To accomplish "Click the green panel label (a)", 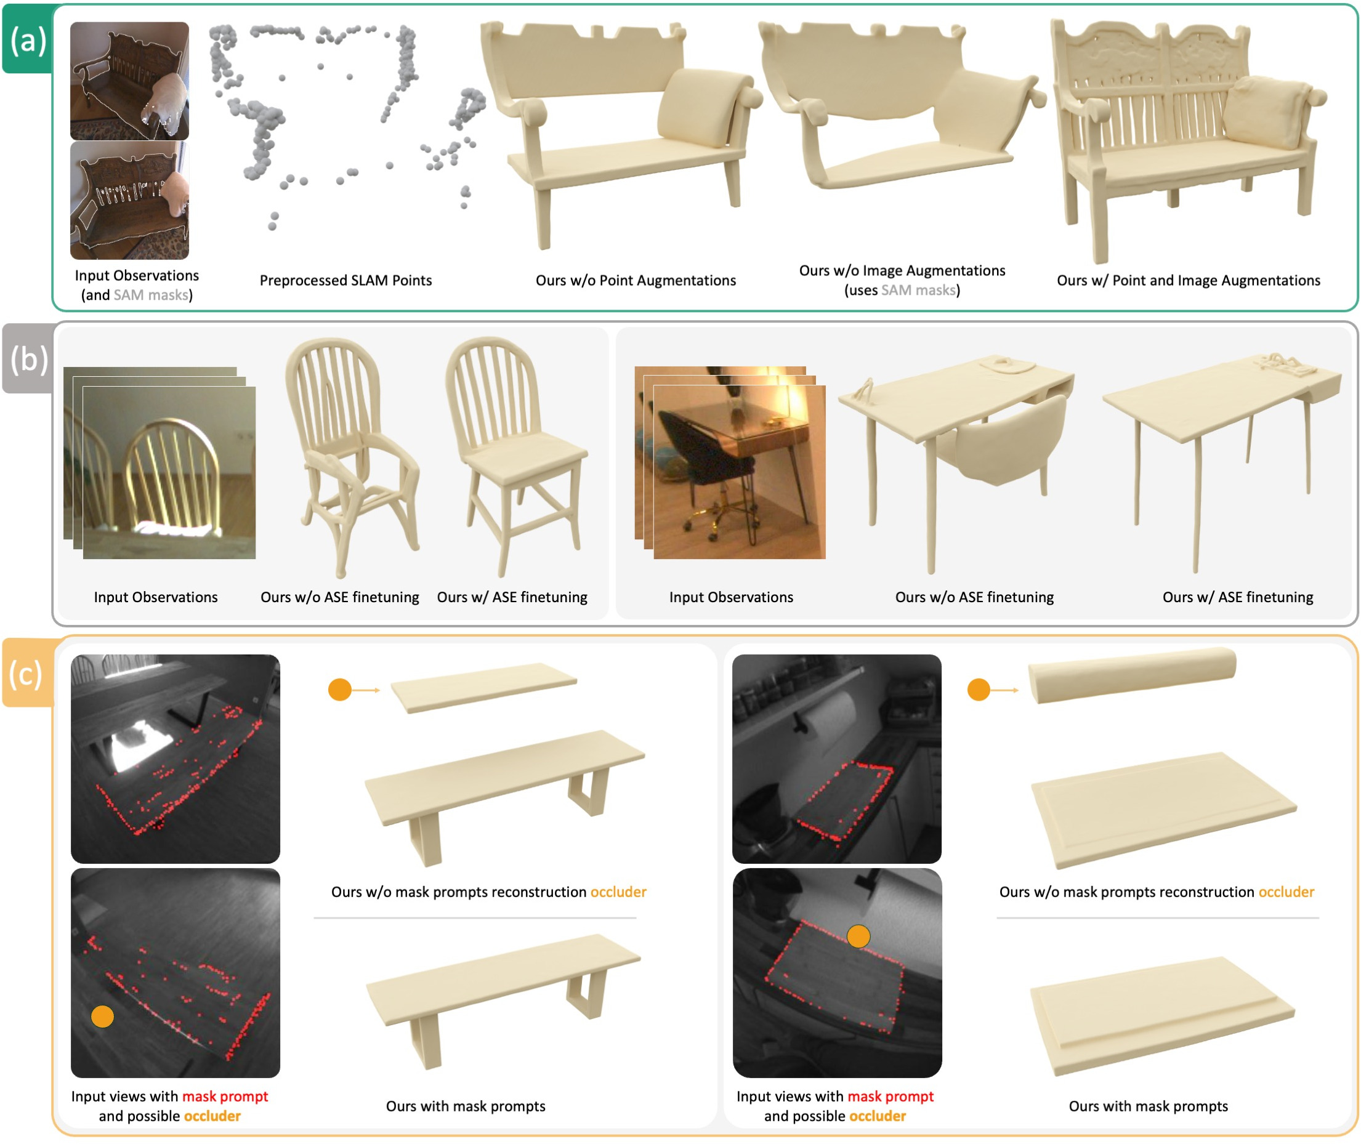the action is click(28, 40).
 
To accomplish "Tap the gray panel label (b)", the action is click(29, 358).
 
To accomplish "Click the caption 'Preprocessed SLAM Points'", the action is click(345, 281).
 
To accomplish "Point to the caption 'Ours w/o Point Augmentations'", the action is click(636, 281).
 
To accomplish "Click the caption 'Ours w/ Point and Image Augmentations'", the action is click(1189, 281).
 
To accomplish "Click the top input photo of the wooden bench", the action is click(130, 81).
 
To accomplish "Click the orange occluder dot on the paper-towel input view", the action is click(858, 937).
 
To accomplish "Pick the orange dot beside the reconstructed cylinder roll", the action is click(979, 690).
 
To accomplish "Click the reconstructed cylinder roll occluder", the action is click(1132, 675).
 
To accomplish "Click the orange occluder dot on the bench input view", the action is click(102, 1017).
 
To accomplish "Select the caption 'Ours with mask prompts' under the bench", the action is click(466, 1106).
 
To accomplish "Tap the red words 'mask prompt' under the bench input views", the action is click(225, 1097).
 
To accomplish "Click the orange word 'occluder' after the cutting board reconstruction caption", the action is click(1286, 892).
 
